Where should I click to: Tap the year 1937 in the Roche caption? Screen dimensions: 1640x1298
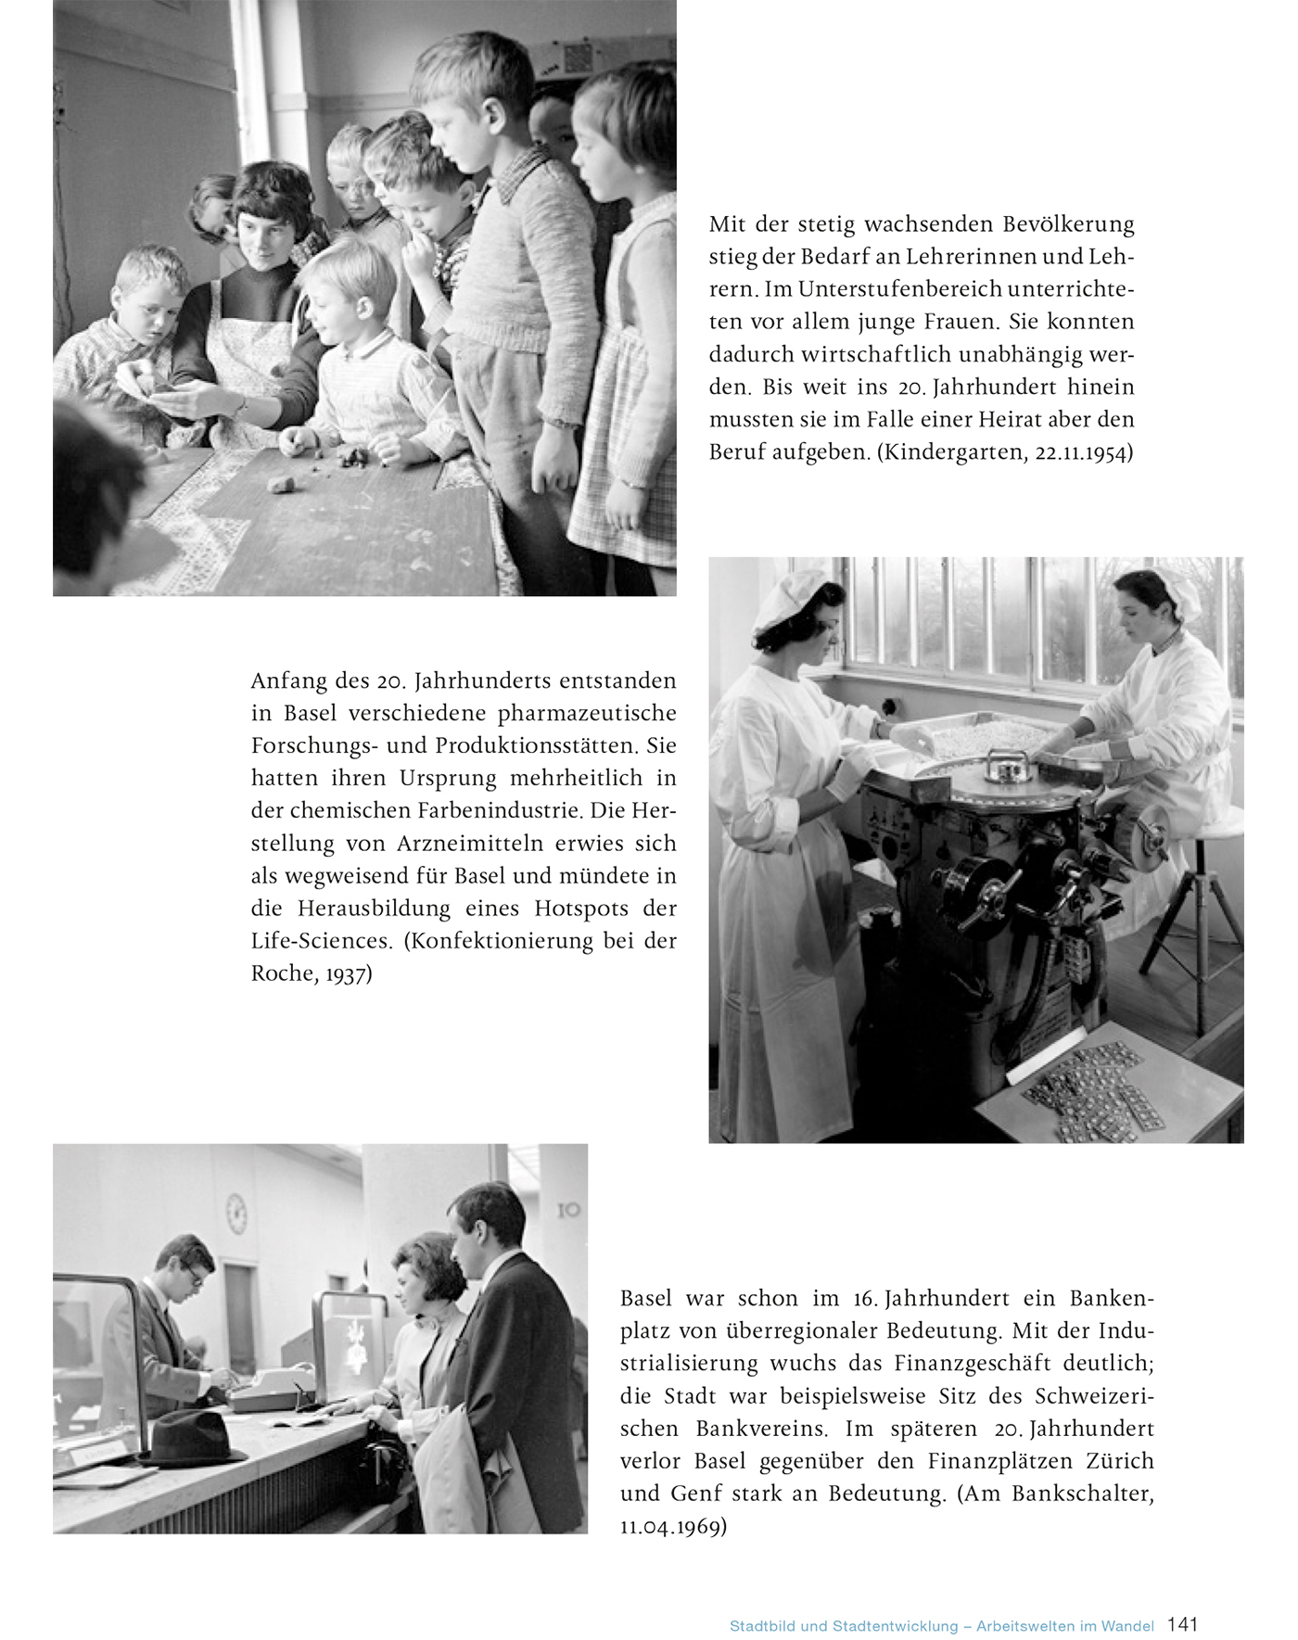348,973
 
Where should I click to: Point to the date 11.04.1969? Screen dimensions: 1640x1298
672,1527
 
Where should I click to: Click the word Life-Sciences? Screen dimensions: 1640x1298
321,940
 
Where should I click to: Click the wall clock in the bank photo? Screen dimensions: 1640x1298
236,1213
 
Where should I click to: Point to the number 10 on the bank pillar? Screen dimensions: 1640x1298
568,1210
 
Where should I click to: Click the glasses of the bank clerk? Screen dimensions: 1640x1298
196,1276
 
